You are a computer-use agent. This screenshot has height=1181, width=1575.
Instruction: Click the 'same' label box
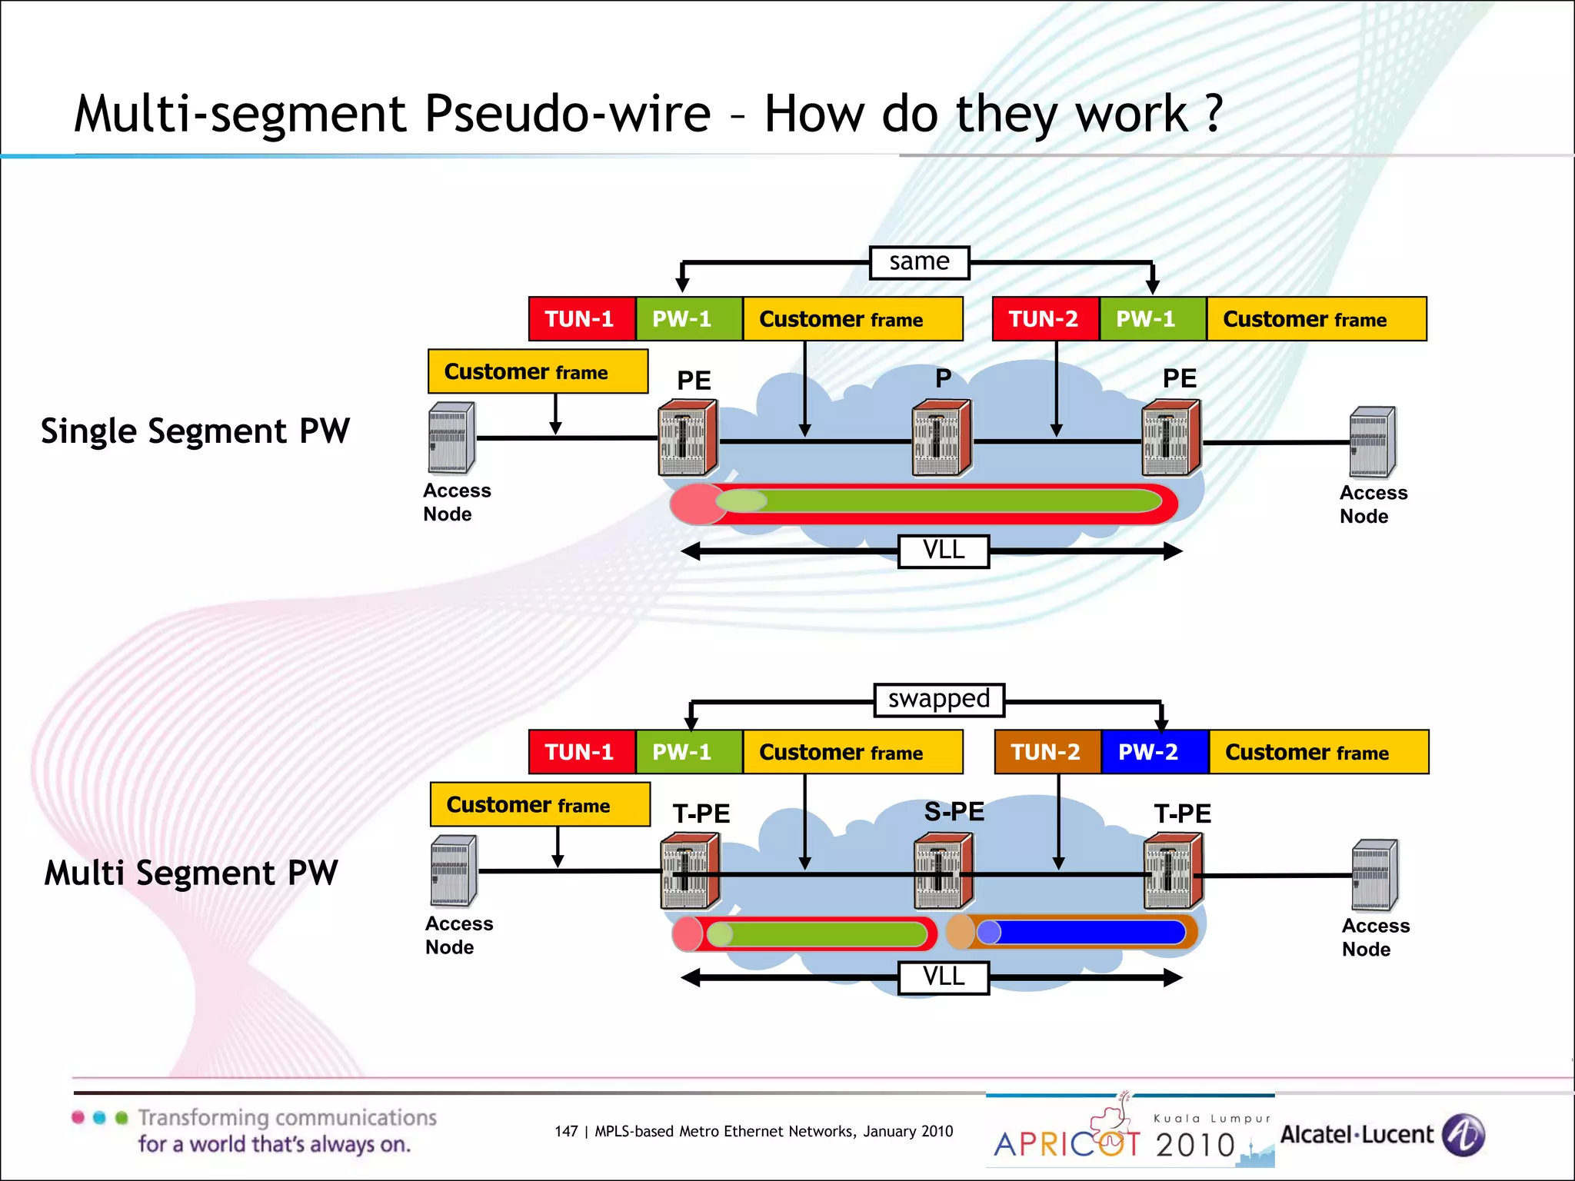coord(919,262)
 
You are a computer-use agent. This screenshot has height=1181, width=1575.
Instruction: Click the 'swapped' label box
coord(939,699)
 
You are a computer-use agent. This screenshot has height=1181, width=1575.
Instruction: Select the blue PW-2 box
coord(1154,752)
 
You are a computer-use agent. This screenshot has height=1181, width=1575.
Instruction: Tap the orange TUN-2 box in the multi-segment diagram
coord(1047,752)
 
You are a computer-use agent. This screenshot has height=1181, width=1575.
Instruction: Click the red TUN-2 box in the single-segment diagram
coord(1044,319)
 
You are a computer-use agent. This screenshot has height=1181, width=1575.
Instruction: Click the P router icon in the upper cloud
coord(941,437)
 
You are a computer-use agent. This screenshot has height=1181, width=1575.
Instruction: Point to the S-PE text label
coord(954,812)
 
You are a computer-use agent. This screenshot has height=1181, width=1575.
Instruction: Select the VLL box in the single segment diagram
coord(944,551)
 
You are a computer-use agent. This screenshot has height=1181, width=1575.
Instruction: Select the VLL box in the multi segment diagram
coord(944,977)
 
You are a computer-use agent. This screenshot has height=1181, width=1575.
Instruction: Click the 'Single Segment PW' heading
coord(195,431)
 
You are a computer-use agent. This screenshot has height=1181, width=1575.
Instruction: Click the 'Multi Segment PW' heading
coord(191,873)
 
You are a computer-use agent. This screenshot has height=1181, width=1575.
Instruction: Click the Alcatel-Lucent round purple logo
coord(1463,1135)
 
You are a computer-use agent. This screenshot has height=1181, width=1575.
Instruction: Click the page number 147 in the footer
coord(566,1131)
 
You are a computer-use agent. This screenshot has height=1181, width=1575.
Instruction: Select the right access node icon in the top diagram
coord(1373,442)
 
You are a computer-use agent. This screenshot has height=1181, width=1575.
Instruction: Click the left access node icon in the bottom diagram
coord(454,870)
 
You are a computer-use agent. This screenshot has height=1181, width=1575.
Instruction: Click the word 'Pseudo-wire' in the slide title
coord(568,114)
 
